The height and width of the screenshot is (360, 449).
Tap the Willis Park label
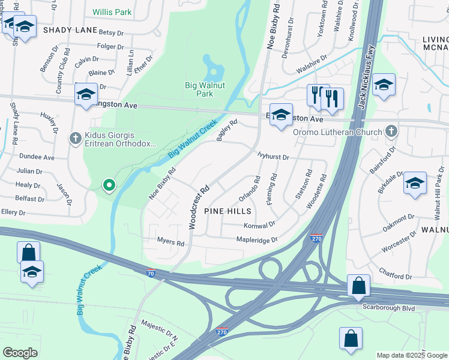point(112,12)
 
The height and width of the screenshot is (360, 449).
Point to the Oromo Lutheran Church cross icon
point(391,131)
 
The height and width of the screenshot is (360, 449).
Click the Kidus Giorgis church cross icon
point(75,139)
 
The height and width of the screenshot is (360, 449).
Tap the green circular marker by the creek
point(109,185)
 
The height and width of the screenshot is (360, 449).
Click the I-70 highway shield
point(152,273)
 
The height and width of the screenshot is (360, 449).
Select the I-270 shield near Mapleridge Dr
point(316,239)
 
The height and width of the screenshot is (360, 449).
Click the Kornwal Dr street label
point(259,225)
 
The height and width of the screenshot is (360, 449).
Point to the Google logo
point(20,353)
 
